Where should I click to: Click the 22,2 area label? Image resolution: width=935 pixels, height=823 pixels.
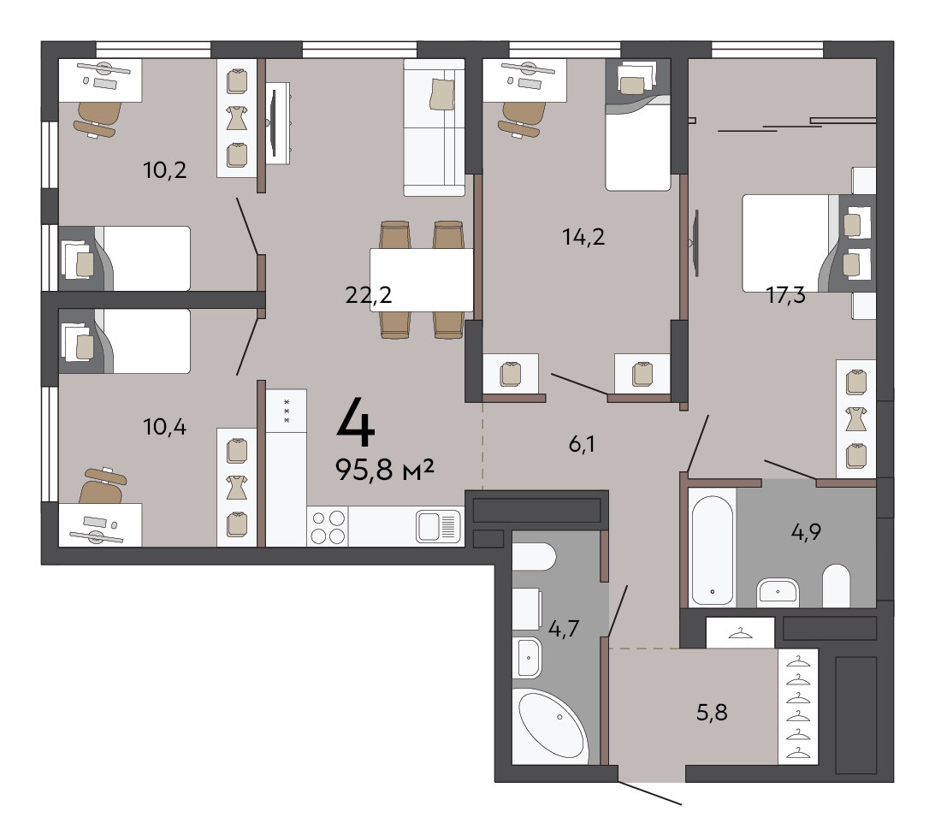[369, 294]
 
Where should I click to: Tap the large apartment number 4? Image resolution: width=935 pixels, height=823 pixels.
[356, 423]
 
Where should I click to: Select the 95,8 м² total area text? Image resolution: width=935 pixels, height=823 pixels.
[385, 470]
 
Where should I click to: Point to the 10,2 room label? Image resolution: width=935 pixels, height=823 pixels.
[164, 170]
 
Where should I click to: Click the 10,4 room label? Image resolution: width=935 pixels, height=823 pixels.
[164, 427]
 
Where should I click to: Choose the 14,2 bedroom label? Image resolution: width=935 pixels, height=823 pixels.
[583, 237]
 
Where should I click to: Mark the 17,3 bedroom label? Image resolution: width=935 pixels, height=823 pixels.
[785, 294]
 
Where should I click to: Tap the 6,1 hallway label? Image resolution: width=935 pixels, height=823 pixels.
[582, 444]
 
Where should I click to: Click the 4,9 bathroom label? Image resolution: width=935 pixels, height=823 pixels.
[806, 531]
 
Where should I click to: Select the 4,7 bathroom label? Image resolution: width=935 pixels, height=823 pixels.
[564, 628]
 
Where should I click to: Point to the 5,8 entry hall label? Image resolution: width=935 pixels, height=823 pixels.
[712, 712]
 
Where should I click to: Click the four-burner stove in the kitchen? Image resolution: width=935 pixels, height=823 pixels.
[328, 527]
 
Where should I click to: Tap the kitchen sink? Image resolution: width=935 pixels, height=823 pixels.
[439, 526]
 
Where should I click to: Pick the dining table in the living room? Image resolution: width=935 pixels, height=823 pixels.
[422, 280]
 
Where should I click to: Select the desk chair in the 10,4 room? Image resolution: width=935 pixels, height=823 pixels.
[104, 485]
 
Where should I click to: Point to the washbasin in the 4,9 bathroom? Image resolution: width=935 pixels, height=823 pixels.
[778, 592]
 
